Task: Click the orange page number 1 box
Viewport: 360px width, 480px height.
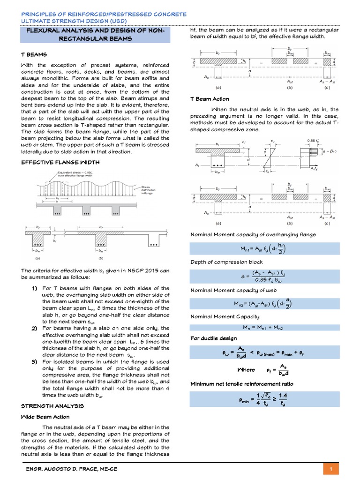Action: coord(331,469)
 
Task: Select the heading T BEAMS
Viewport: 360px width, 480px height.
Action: coord(33,54)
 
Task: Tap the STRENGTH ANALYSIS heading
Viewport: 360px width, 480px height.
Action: coord(52,405)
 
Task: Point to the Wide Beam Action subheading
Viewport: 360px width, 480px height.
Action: coord(45,417)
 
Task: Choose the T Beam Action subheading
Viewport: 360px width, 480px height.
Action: coord(209,99)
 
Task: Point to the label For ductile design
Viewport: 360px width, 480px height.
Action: coord(213,338)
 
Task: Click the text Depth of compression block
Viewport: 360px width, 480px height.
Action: coord(226,262)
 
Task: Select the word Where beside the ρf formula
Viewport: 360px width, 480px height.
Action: coord(246,369)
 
